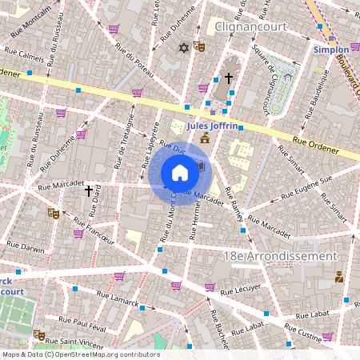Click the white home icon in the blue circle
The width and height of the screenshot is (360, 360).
pyautogui.click(x=180, y=173)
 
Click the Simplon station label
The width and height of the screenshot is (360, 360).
pyautogui.click(x=330, y=49)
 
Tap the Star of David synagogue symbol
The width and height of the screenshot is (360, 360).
pyautogui.click(x=183, y=48)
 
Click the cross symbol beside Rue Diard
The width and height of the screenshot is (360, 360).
pyautogui.click(x=89, y=190)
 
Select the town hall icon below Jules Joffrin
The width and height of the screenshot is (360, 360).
pyautogui.click(x=206, y=138)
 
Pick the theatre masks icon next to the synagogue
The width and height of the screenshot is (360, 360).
pyautogui.click(x=198, y=47)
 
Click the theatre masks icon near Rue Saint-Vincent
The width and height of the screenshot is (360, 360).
pyautogui.click(x=39, y=334)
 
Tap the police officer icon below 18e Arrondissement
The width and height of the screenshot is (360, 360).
pyautogui.click(x=339, y=278)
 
